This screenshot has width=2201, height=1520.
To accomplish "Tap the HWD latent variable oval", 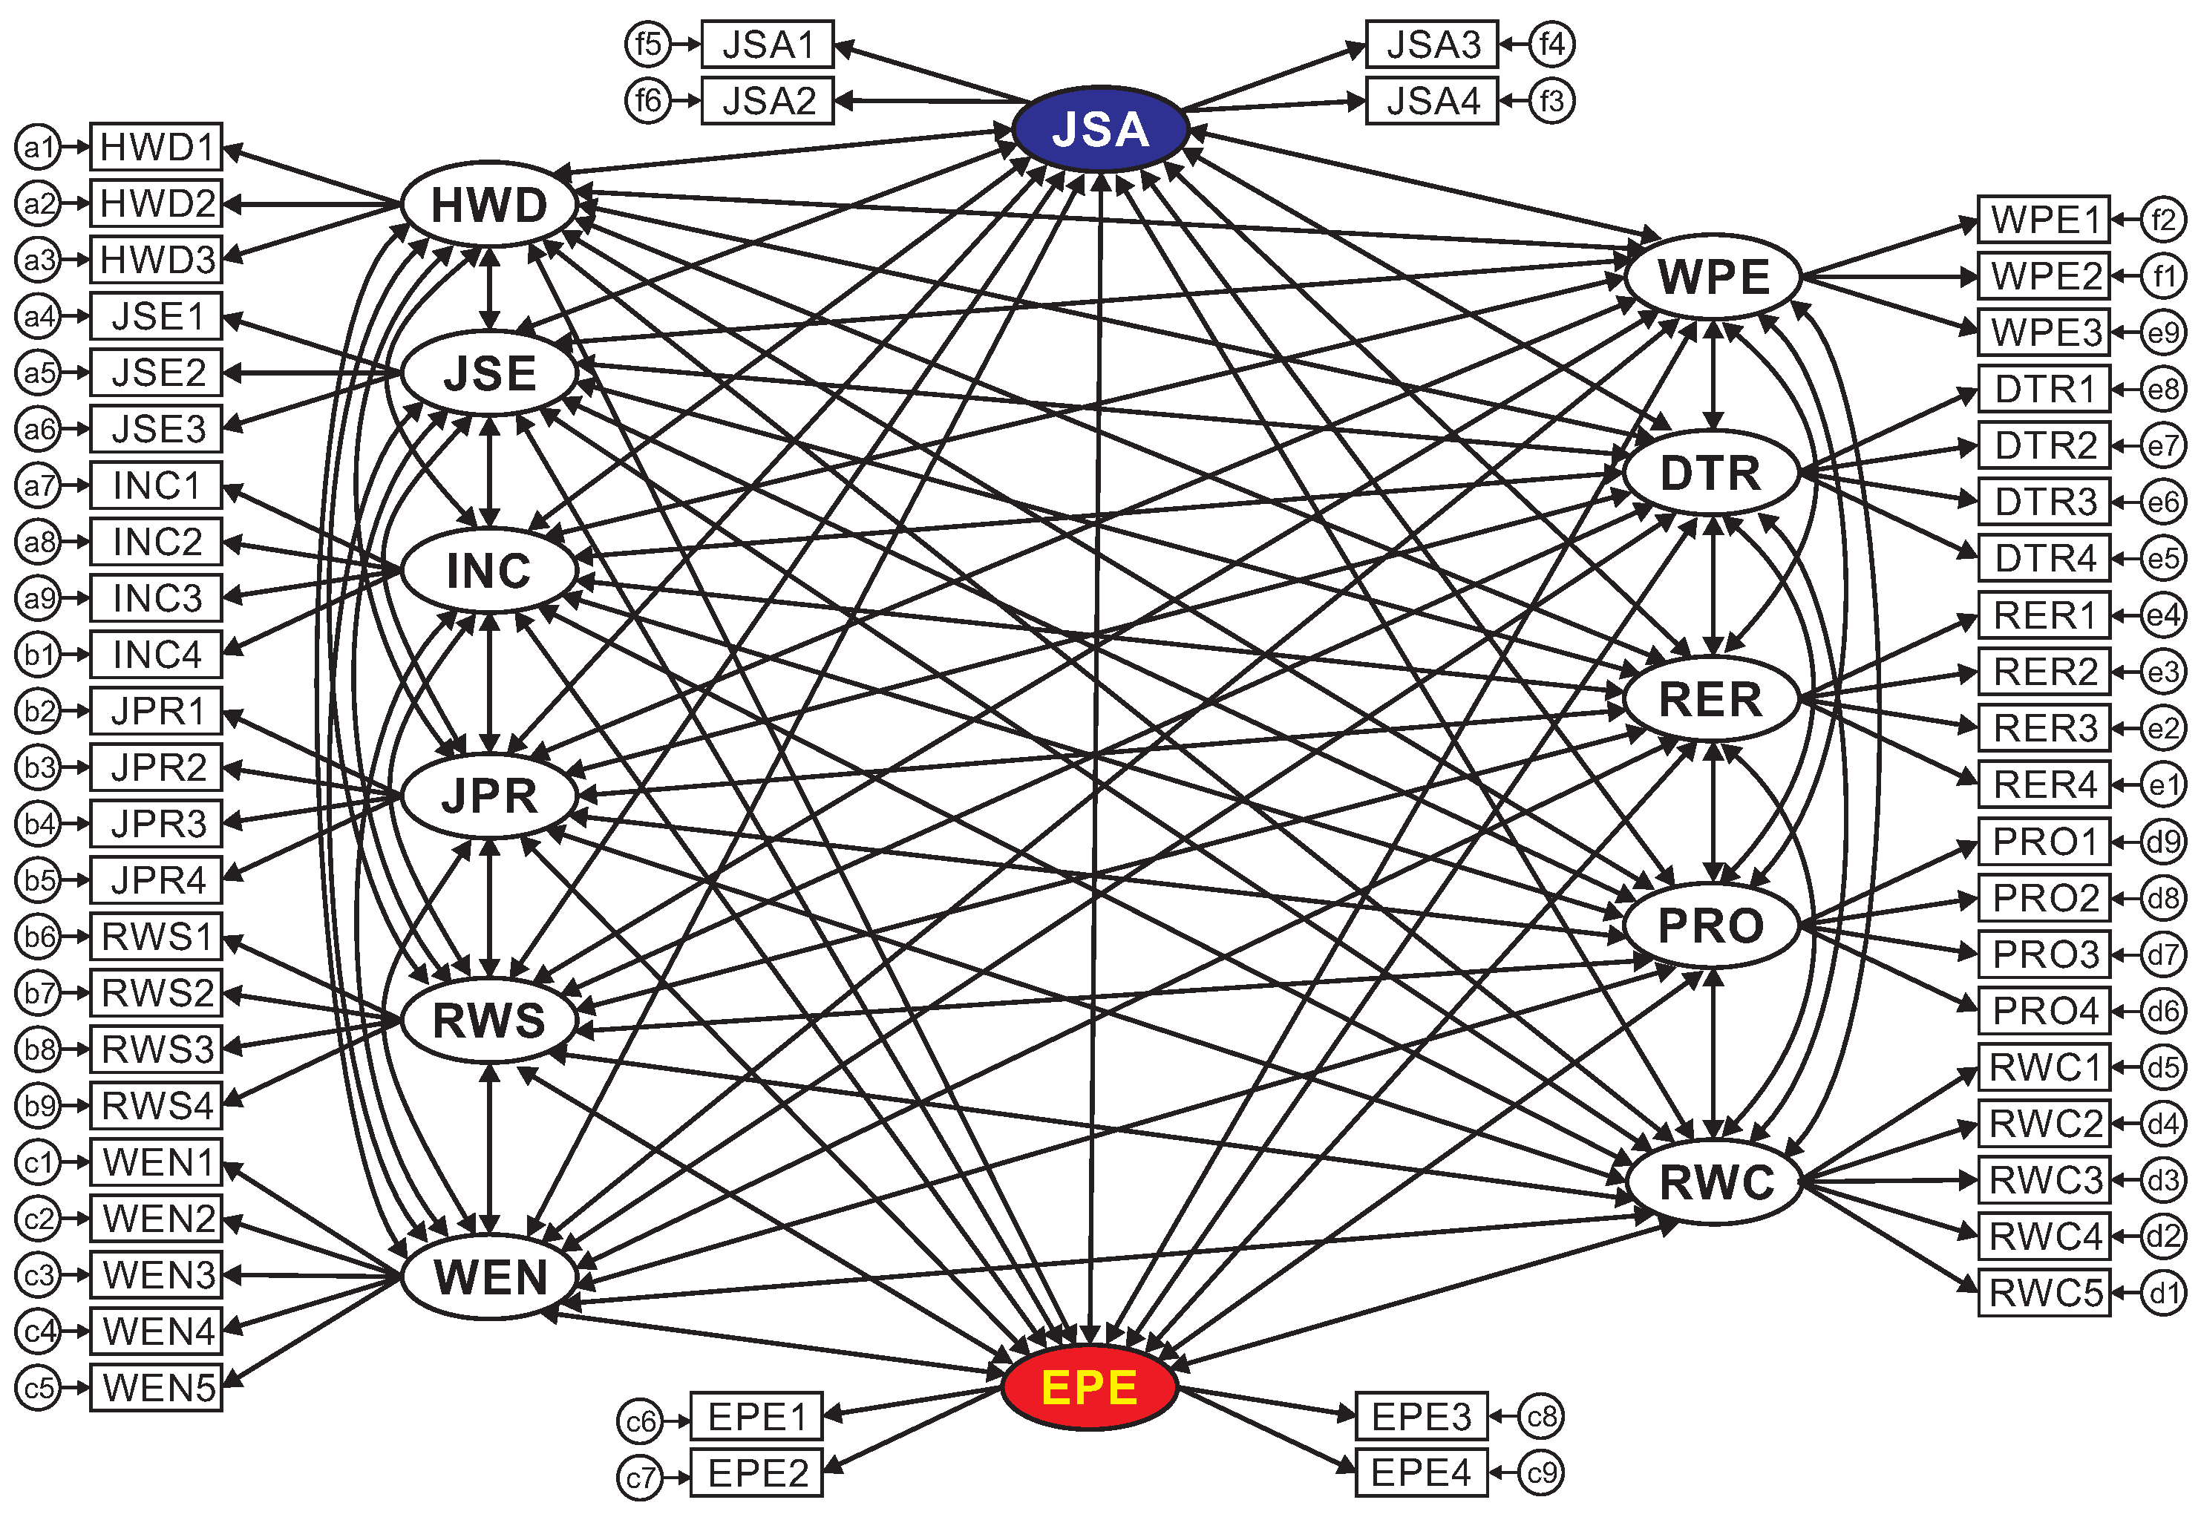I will click(488, 205).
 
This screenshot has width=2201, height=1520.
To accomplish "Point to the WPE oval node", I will click(1713, 277).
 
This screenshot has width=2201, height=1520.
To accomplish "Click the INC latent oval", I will click(488, 571).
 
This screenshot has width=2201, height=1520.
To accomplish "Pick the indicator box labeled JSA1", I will click(768, 45).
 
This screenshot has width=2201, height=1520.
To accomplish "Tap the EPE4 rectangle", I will click(1421, 1472).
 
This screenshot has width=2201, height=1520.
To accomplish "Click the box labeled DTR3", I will click(2045, 502).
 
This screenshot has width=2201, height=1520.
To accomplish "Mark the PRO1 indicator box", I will click(2045, 842).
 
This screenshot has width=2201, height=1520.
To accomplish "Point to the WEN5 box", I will click(157, 1388).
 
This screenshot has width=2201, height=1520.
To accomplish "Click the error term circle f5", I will click(647, 44).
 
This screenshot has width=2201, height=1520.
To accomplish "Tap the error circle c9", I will click(1541, 1473).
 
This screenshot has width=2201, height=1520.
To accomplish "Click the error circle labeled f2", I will click(2163, 220).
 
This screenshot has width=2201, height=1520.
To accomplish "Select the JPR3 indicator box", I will click(157, 824).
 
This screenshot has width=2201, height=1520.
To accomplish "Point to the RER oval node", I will click(1712, 699).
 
